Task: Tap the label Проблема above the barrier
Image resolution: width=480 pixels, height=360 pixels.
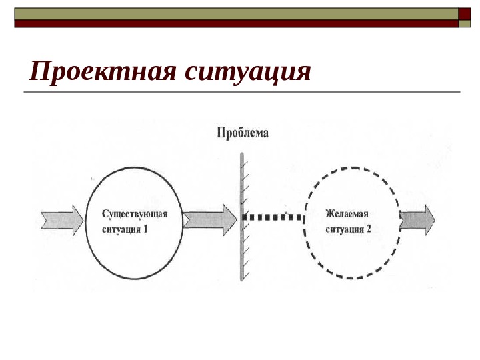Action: coord(243,133)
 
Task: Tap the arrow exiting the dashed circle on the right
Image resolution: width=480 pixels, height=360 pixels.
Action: coord(417,219)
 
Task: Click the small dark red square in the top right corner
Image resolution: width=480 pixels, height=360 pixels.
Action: coord(465,13)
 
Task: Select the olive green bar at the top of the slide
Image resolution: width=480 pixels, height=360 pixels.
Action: coord(233,13)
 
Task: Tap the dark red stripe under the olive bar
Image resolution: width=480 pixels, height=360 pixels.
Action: coord(233,23)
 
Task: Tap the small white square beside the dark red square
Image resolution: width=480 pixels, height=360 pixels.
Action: coord(465,24)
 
